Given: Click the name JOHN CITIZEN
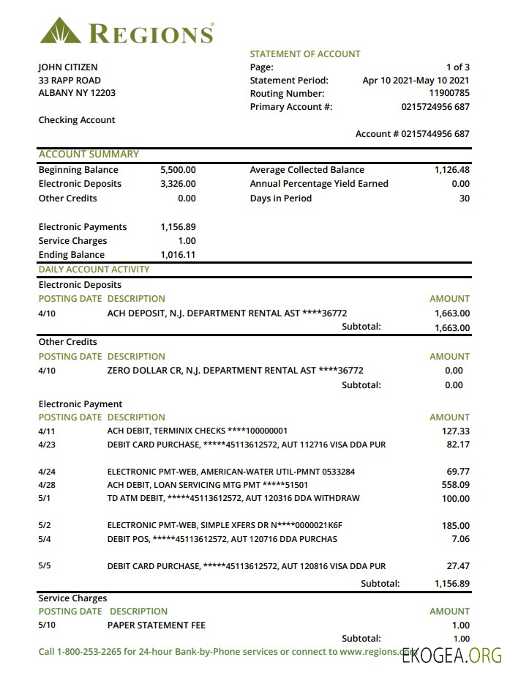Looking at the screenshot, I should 68,67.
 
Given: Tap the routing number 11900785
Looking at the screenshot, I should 449,94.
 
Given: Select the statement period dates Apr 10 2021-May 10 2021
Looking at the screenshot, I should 416,81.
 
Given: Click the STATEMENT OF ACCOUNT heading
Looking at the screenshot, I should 305,54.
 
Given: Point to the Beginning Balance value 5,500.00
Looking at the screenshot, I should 178,170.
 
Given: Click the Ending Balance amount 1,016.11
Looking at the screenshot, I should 178,255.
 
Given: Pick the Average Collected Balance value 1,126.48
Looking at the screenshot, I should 451,170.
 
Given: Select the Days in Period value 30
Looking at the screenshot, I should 464,198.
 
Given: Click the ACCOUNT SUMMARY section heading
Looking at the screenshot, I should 89,155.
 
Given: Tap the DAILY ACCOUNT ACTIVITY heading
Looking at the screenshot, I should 94,270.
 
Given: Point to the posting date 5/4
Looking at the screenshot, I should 45,540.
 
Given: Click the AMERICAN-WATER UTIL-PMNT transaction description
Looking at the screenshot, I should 230,472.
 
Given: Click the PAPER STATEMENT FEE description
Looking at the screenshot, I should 156,625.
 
